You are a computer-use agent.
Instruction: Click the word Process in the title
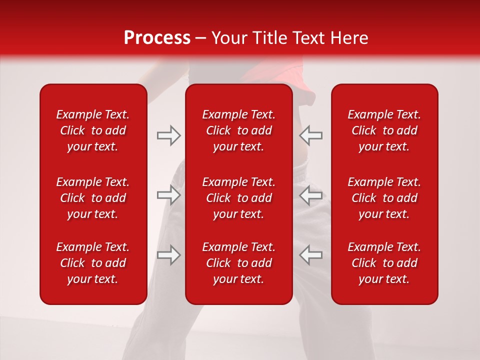157,38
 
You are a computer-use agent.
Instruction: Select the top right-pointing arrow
169,135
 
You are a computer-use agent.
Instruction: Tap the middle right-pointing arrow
169,195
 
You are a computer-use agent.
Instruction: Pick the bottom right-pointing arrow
169,255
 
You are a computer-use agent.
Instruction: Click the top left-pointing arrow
310,135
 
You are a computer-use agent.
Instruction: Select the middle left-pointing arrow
310,195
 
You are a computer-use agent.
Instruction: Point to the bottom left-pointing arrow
310,255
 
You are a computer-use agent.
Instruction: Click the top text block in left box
93,130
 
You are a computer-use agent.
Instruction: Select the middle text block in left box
93,198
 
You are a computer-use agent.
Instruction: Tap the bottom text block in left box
93,263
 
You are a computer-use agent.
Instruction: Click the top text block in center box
239,130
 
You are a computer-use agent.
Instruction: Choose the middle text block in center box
239,198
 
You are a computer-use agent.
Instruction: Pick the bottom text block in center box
239,263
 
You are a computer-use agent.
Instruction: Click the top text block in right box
384,130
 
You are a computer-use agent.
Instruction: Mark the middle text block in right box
384,198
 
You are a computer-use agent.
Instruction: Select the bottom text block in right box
384,263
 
